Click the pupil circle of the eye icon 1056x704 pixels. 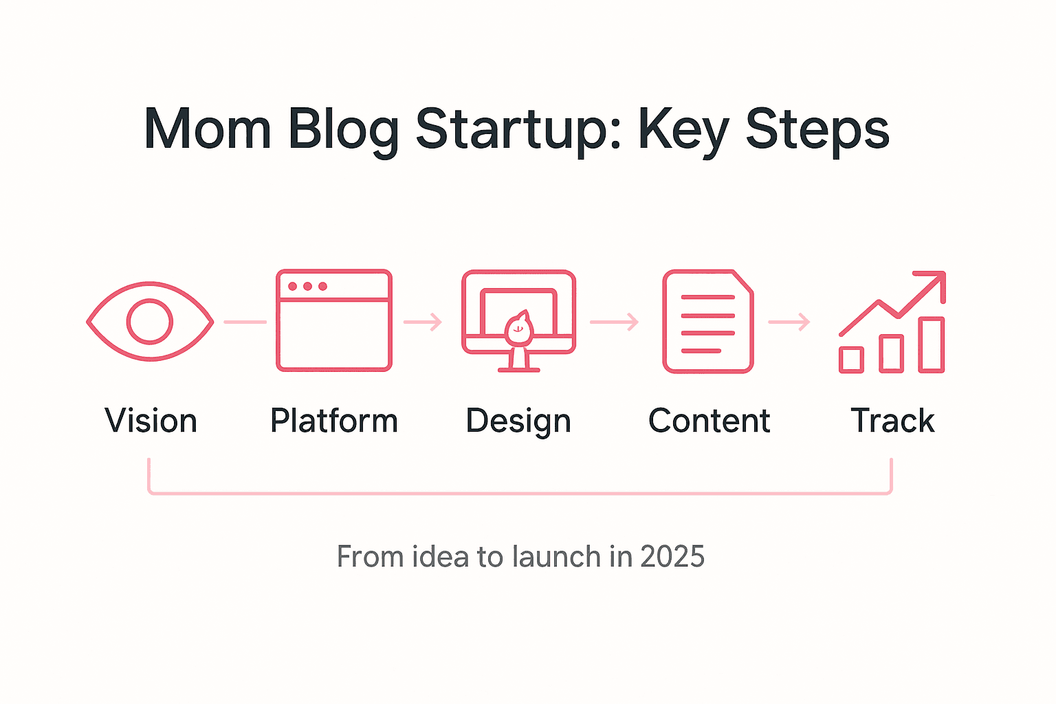[x=150, y=321]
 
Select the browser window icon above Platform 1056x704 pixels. [x=334, y=320]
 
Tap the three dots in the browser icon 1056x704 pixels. [x=307, y=286]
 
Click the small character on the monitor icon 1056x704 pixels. [x=518, y=329]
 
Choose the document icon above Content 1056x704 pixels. [x=708, y=321]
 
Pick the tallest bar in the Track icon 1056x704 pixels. [x=932, y=344]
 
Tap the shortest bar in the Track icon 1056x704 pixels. [x=851, y=360]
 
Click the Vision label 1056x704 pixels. [x=151, y=421]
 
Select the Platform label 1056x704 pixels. [x=334, y=421]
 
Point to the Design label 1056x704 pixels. [x=518, y=421]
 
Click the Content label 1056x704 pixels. [x=709, y=421]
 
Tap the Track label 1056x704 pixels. [x=892, y=421]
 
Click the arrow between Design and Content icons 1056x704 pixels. [x=614, y=322]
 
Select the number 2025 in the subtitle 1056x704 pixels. [x=672, y=556]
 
